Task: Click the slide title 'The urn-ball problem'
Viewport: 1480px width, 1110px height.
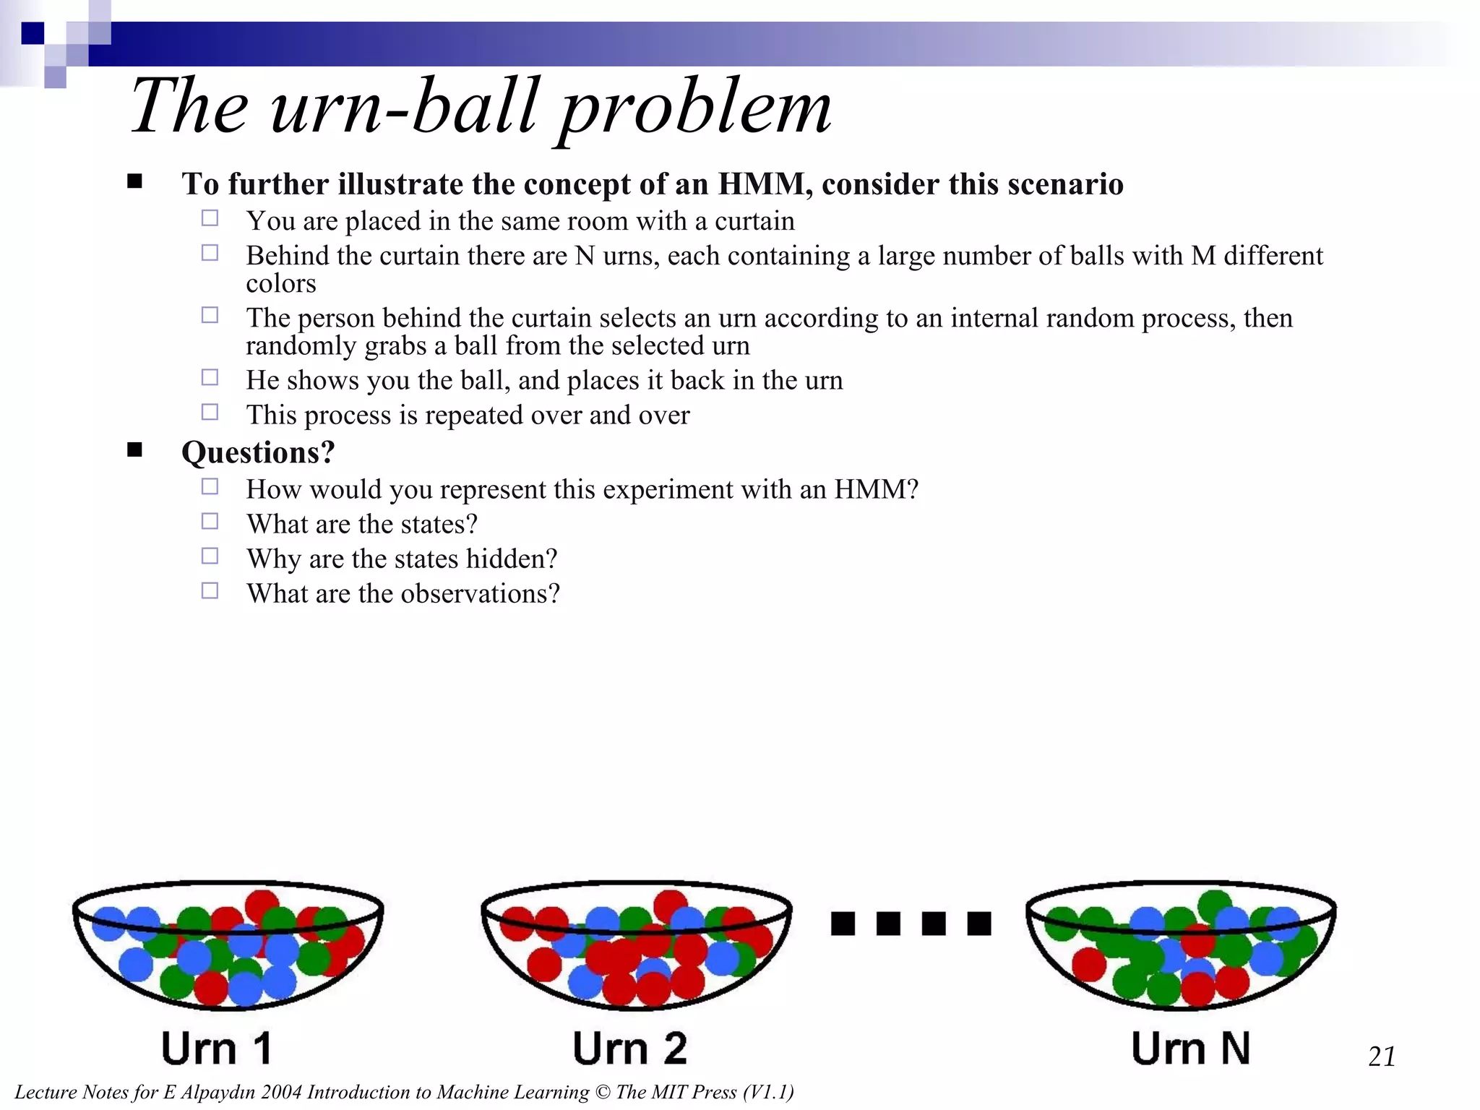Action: pyautogui.click(x=481, y=106)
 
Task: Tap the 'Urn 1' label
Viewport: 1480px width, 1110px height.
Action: pyautogui.click(x=216, y=1048)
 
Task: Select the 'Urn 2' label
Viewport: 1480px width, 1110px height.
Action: pyautogui.click(x=629, y=1048)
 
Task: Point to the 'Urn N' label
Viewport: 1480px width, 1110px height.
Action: pyautogui.click(x=1190, y=1048)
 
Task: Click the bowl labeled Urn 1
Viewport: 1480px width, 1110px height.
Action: pyautogui.click(x=228, y=943)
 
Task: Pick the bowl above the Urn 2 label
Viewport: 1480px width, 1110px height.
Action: pyautogui.click(x=636, y=943)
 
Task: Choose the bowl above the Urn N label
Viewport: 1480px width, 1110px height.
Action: pyautogui.click(x=1181, y=943)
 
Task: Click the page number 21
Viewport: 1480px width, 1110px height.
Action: pyautogui.click(x=1382, y=1057)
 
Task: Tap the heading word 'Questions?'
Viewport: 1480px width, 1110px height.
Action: pyautogui.click(x=258, y=452)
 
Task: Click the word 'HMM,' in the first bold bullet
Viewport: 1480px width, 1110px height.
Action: pyautogui.click(x=765, y=184)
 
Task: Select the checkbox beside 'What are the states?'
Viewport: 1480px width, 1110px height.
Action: pyautogui.click(x=210, y=521)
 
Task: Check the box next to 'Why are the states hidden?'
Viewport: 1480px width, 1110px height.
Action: pyautogui.click(x=210, y=556)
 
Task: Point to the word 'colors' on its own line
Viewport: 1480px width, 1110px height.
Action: pyautogui.click(x=280, y=283)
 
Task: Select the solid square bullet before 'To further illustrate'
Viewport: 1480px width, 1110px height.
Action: pyautogui.click(x=134, y=181)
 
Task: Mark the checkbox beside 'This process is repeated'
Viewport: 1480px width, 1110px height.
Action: pyautogui.click(x=210, y=412)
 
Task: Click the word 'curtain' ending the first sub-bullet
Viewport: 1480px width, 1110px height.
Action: pyautogui.click(x=754, y=221)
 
